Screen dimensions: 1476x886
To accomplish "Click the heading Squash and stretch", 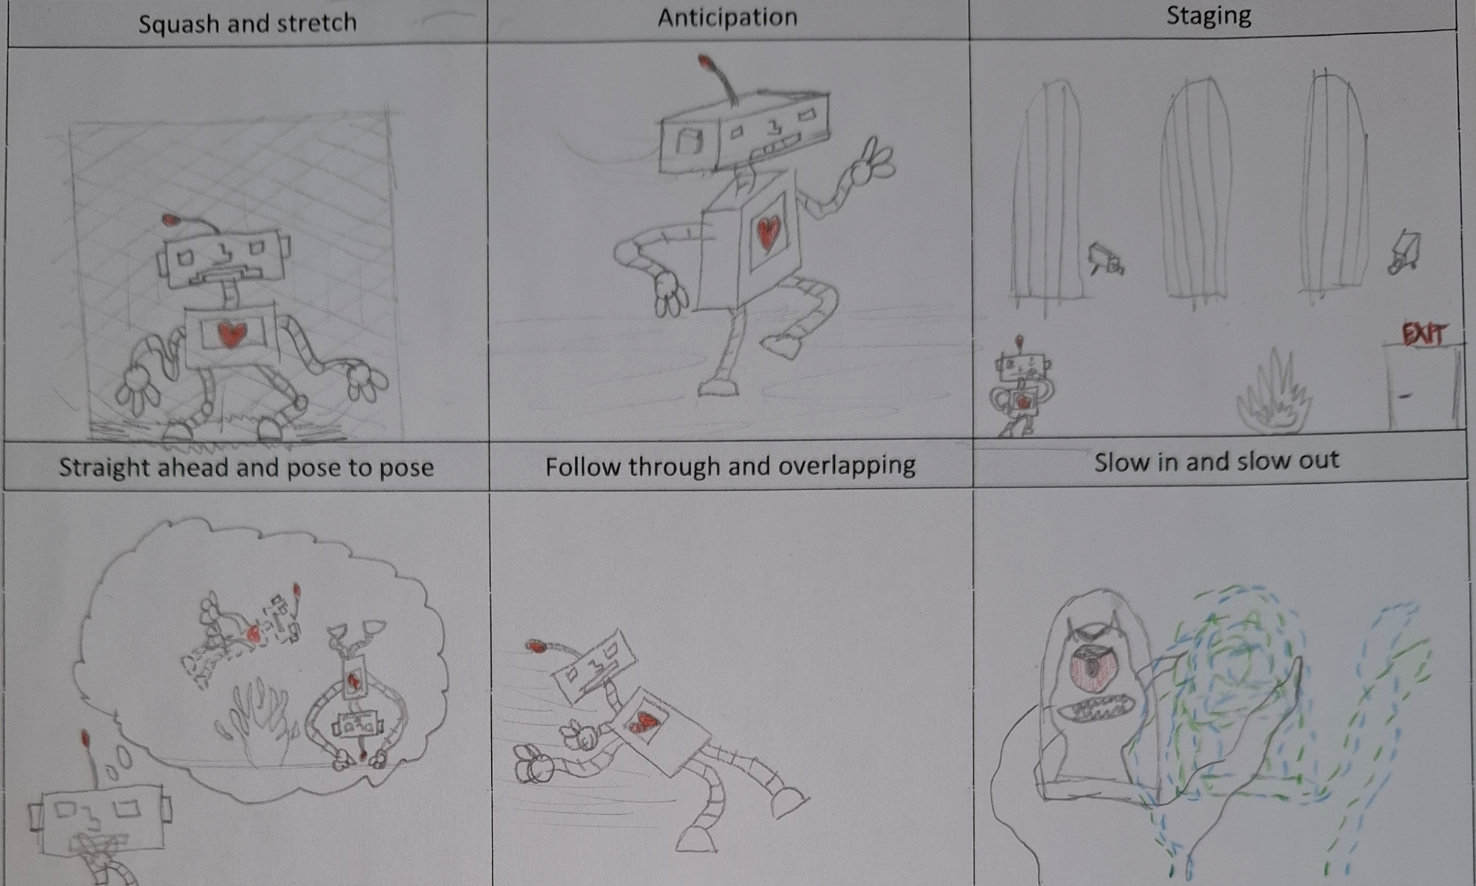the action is (247, 23).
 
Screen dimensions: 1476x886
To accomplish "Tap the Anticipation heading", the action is (727, 17).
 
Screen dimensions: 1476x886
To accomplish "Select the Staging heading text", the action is (1209, 15).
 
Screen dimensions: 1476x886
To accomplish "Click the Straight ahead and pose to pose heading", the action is (246, 468).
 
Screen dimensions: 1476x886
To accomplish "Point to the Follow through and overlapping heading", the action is (731, 466).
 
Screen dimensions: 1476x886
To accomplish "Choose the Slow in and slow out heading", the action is (1216, 461).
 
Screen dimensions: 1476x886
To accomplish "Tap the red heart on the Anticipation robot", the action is (768, 232).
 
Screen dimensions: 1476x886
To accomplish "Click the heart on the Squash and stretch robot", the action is (231, 334).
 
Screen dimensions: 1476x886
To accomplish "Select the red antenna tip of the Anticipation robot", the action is (706, 63).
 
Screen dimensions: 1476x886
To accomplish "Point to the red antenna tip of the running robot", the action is (537, 646).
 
